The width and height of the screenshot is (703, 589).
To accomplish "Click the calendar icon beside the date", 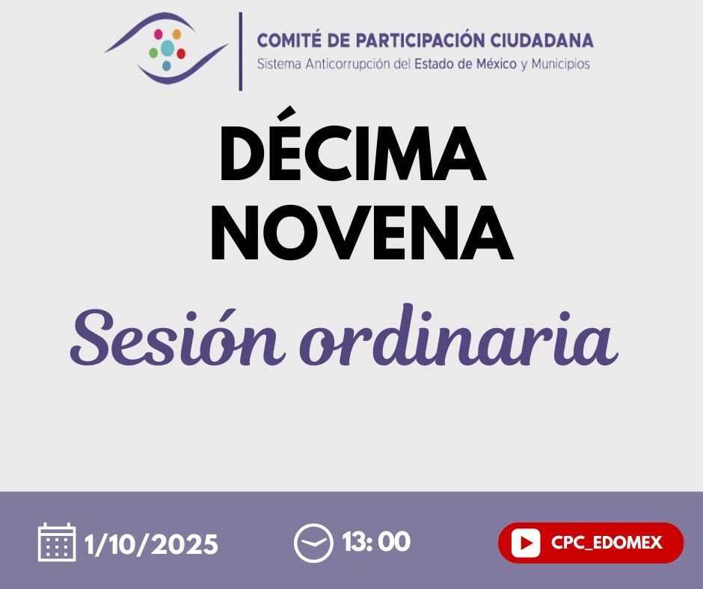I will coord(57,542).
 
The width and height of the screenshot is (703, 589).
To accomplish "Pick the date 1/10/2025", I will coord(152,543).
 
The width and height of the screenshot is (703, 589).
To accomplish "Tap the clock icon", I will coord(313,543).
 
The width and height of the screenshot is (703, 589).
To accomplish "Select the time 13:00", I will coord(376,541).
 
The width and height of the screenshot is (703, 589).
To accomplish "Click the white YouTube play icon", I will coord(527,543).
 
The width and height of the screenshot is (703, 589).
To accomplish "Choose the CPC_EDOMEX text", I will coord(607,543).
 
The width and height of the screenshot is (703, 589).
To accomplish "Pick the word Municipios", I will coord(561,64).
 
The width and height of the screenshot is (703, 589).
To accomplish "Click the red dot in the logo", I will coord(181,54).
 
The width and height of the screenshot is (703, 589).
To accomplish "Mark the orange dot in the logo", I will coord(176,34).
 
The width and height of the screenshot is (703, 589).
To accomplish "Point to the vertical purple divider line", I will coord(240,51).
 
